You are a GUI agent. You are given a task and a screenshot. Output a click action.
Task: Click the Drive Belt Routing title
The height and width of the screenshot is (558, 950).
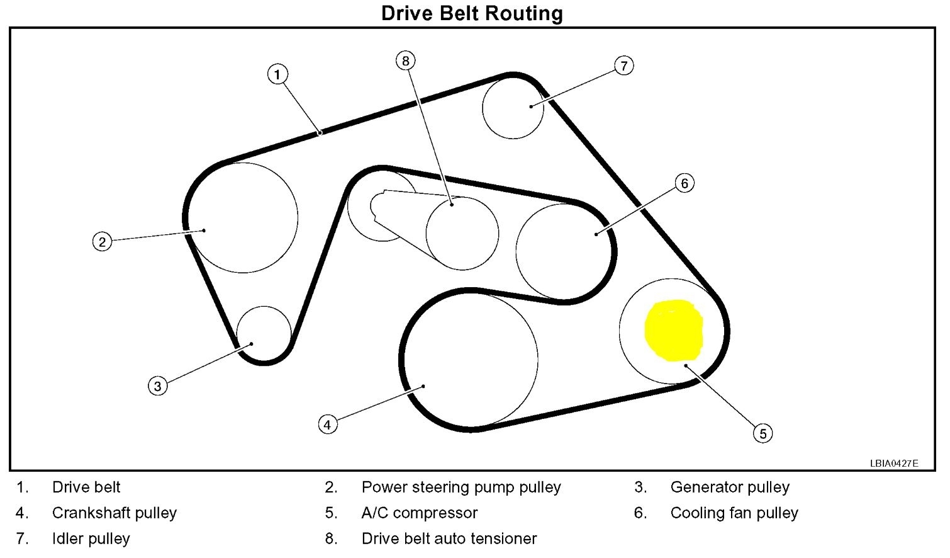tap(472, 13)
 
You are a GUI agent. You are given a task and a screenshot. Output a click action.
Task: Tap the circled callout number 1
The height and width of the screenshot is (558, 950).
tap(277, 74)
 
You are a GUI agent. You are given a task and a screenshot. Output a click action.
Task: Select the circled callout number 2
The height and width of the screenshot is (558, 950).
tap(102, 241)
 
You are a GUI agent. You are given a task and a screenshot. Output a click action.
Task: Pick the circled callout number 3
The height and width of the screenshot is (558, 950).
tap(158, 385)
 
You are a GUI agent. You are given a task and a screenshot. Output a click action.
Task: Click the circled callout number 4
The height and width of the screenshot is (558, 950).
tap(327, 424)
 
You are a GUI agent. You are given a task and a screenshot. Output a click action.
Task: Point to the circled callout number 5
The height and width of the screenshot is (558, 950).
tap(763, 433)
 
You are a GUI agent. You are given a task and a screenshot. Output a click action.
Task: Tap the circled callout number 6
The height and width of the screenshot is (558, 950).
tap(685, 183)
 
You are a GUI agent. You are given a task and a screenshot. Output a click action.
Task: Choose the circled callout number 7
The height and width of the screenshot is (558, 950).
tap(623, 65)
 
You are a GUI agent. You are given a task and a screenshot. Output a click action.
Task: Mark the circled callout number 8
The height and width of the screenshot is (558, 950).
tap(406, 60)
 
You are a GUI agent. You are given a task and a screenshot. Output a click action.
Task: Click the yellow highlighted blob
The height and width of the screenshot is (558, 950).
tap(674, 331)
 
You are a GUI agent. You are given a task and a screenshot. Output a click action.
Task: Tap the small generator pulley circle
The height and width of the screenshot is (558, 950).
tap(264, 334)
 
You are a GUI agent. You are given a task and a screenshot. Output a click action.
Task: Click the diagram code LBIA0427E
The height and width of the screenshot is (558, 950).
tap(894, 464)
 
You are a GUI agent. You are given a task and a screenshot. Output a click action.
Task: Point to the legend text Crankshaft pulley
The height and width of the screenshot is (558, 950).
tap(115, 513)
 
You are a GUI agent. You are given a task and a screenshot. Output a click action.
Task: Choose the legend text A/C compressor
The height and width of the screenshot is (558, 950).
tap(420, 513)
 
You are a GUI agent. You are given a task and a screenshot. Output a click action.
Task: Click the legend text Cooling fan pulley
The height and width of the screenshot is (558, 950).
tap(734, 513)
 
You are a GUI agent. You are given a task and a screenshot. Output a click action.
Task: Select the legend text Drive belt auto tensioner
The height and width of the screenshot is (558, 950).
tap(449, 538)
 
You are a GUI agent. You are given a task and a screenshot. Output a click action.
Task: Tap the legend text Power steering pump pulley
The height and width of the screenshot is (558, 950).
tap(461, 487)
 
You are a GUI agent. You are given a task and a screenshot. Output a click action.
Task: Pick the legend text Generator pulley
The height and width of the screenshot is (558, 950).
tap(730, 487)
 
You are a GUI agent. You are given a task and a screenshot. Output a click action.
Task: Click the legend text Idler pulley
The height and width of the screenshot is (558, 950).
tap(91, 538)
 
